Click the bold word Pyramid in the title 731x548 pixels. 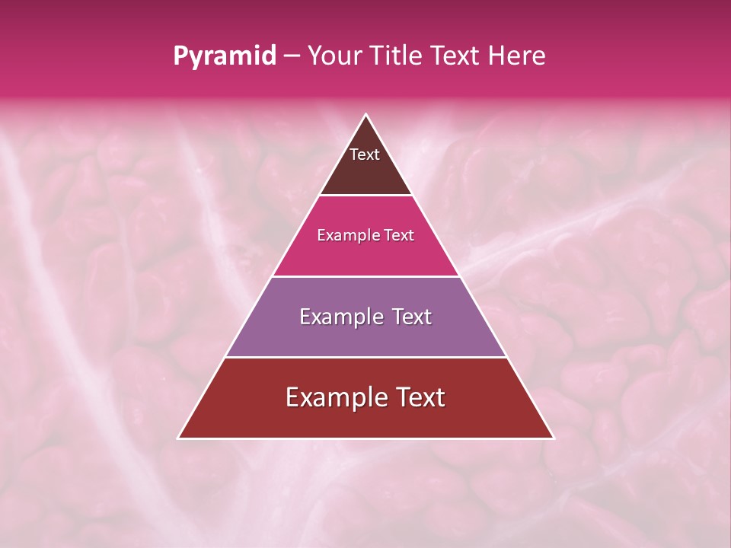tap(225, 56)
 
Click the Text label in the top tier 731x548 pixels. tap(365, 155)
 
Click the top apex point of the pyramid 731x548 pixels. tap(366, 115)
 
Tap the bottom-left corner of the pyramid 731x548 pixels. tap(178, 438)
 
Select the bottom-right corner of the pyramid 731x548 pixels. tap(554, 438)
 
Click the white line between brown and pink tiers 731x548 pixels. tap(366, 196)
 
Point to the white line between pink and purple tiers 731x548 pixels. tap(366, 276)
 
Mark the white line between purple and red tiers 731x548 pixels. tap(366, 357)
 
